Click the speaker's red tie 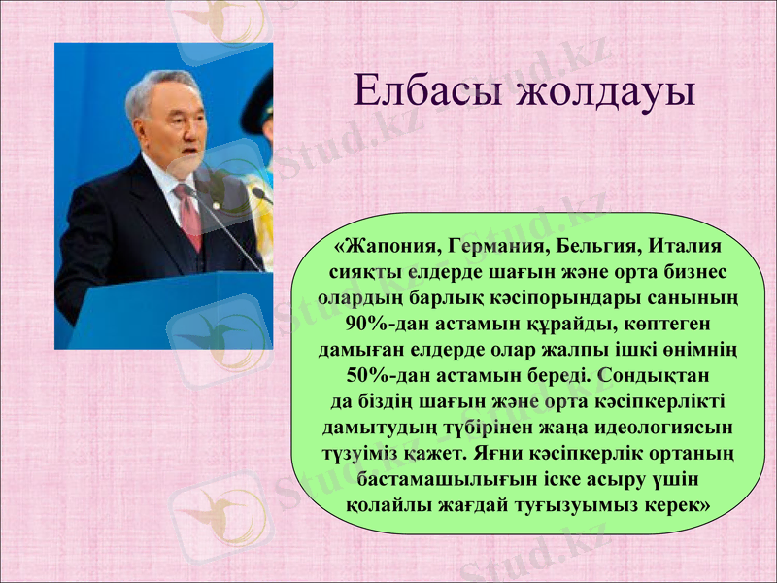(188, 218)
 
